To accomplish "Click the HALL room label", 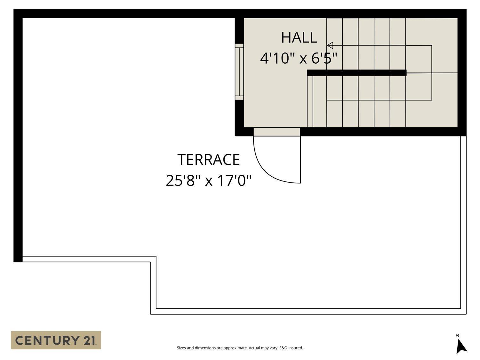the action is [299, 37].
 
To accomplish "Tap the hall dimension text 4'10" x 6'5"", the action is [299, 59].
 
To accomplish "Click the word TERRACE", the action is [208, 160].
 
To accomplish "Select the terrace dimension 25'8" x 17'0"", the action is [208, 180].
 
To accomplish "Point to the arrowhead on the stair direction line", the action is [330, 45].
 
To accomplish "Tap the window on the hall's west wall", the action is [239, 72].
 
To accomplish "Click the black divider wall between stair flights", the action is [357, 73].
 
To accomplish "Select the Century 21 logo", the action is [56, 340].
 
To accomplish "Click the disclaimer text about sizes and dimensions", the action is [240, 348].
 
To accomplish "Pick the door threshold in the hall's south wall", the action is [277, 132].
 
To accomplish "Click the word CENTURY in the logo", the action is [47, 340].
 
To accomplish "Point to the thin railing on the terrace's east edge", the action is [463, 225].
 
